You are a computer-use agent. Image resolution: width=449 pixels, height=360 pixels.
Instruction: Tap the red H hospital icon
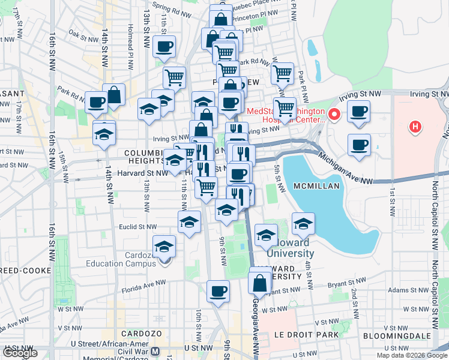click(x=414, y=127)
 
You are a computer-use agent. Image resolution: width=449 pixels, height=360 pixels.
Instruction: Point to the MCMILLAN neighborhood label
click(x=318, y=187)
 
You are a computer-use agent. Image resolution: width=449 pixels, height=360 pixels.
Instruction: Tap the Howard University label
click(x=288, y=248)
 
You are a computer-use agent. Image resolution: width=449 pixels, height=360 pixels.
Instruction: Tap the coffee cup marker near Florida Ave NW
click(x=218, y=292)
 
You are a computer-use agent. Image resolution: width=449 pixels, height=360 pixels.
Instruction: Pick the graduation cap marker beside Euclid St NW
click(x=189, y=222)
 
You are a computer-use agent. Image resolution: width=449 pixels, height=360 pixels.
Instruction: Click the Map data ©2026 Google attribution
click(x=411, y=355)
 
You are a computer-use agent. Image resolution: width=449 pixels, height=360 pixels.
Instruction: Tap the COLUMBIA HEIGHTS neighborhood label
click(x=144, y=157)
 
